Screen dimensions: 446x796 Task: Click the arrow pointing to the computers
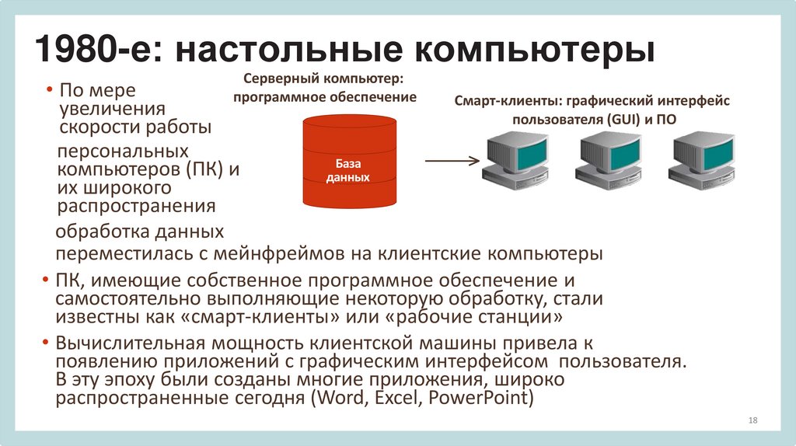(450, 162)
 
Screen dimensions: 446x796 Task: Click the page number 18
(752, 420)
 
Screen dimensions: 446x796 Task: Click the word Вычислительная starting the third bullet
(128, 343)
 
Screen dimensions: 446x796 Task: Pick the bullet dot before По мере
(48, 91)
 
